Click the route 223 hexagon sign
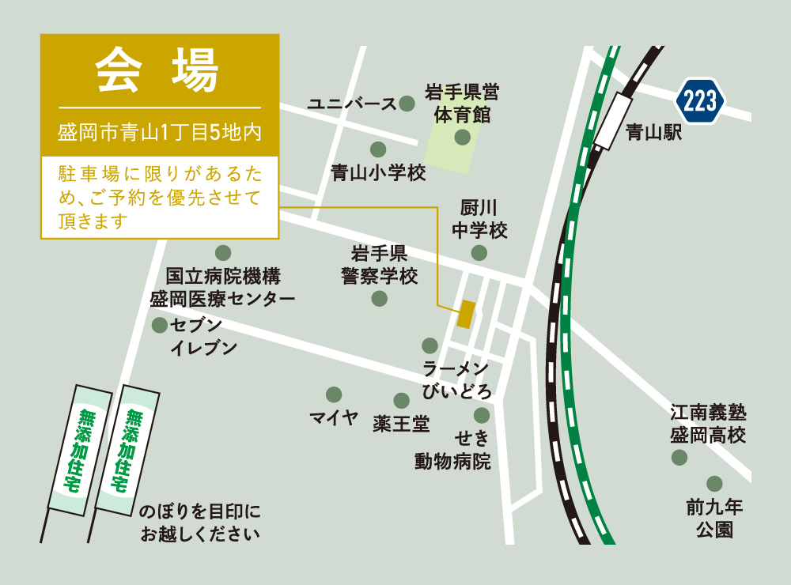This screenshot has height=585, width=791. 701,100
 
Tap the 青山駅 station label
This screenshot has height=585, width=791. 653,132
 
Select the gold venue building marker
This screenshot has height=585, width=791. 466,314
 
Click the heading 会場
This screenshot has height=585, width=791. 159,74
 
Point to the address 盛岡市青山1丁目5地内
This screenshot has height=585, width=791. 159,130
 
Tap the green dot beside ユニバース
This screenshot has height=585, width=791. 407,104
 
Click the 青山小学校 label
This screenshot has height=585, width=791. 378,172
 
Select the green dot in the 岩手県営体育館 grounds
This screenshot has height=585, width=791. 463,138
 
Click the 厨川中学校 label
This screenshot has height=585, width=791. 479,219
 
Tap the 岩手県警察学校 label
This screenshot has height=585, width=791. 379,265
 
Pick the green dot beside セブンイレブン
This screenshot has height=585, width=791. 160,325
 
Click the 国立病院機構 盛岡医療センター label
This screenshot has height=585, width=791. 222,288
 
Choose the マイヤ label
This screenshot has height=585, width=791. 334,418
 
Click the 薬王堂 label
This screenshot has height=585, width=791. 401,424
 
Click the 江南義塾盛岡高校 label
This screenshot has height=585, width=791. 708,424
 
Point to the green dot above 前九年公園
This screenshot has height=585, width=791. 714,483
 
